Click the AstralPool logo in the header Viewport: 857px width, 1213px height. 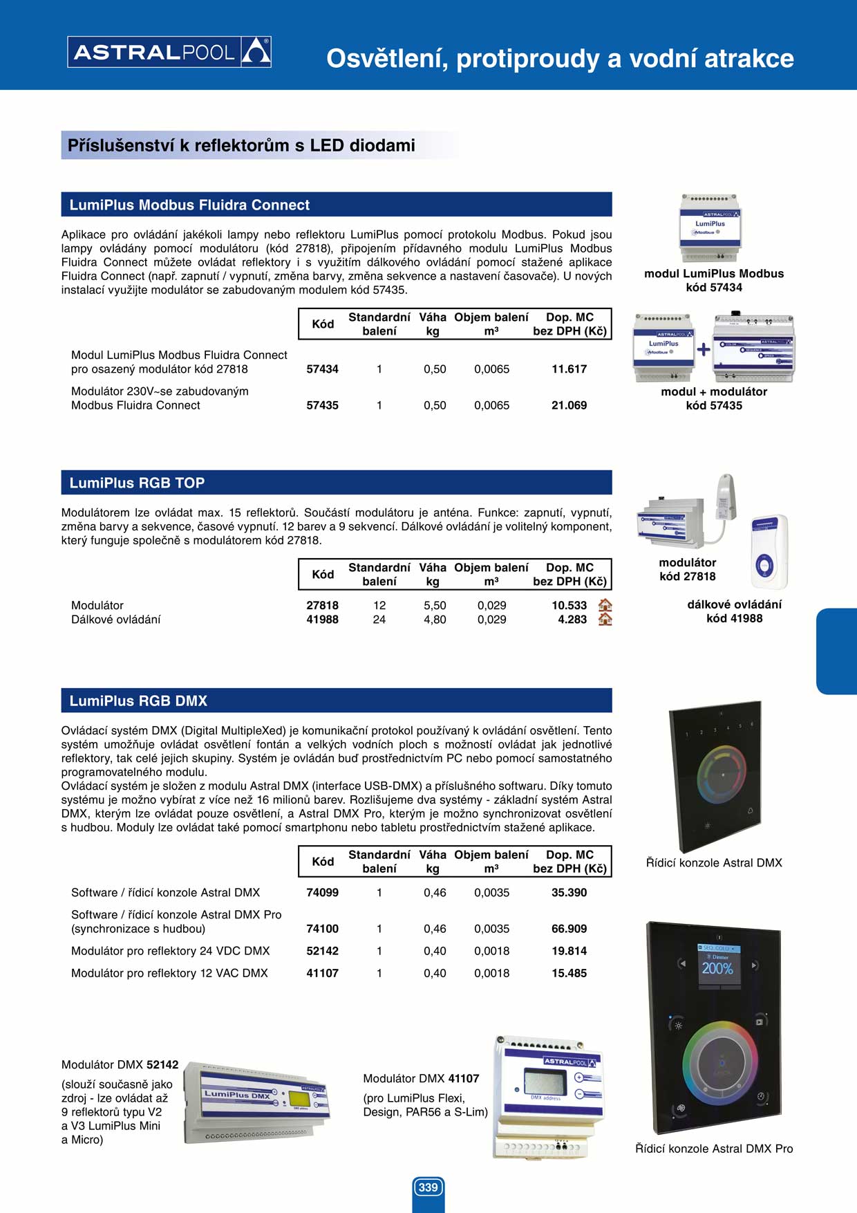point(169,52)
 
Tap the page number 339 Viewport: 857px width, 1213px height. point(428,1187)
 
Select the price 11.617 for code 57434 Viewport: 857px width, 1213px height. point(569,369)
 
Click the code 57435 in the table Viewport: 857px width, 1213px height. point(322,405)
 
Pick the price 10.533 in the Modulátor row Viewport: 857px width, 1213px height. point(569,605)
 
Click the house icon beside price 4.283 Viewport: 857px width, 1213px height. point(605,620)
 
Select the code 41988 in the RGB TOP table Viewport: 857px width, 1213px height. point(322,620)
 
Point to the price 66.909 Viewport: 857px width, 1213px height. point(569,929)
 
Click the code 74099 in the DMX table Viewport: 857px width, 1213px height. point(322,893)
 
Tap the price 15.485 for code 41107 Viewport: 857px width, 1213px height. point(569,973)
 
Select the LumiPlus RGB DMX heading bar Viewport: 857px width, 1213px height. point(337,701)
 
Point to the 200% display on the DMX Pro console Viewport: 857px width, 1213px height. point(717,968)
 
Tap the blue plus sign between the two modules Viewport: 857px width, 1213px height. point(703,350)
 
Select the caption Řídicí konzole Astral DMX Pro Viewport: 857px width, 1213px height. point(714,1149)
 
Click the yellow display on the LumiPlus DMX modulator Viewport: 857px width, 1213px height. point(299,1099)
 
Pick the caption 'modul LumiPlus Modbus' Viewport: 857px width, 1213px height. point(714,274)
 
